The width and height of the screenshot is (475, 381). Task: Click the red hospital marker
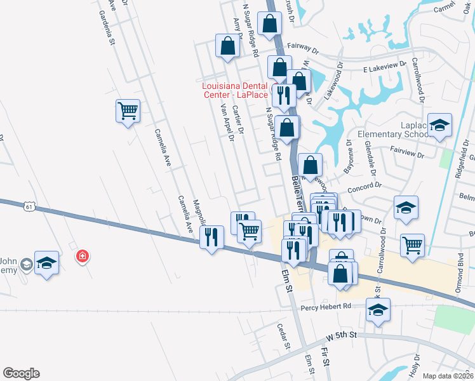point(82,257)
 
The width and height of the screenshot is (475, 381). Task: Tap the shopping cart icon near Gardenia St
point(128,111)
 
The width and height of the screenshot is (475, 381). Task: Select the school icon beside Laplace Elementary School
point(439,125)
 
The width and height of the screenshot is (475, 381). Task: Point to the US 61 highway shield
point(29,206)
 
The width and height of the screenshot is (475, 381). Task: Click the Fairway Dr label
point(302,46)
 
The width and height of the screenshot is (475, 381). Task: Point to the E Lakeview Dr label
point(384,67)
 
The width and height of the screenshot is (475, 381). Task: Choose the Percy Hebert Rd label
point(326,306)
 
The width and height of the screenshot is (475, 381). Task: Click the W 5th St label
point(342,334)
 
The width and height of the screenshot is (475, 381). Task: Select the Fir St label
point(326,356)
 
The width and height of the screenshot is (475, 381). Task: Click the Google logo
point(21,373)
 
